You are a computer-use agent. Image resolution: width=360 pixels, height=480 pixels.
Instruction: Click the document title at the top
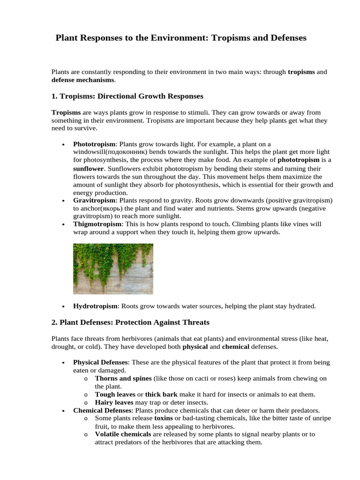click(181, 38)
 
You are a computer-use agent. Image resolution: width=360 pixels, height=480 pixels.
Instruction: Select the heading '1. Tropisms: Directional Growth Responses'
click(127, 96)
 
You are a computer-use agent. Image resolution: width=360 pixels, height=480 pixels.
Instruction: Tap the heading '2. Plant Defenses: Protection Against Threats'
click(130, 322)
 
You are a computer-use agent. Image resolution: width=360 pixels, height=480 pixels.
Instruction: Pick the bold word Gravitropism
click(94, 200)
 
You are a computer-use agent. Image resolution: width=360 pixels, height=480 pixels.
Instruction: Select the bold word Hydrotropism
click(95, 306)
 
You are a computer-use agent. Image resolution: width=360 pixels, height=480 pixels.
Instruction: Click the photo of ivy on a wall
click(113, 269)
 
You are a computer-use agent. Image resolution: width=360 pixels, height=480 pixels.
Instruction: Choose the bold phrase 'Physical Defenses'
click(100, 362)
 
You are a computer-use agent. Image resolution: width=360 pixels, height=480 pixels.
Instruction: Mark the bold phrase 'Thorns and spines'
click(123, 378)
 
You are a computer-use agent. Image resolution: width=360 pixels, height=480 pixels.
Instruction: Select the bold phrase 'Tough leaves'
click(115, 394)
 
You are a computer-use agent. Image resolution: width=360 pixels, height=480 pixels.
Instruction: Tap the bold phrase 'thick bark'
click(161, 394)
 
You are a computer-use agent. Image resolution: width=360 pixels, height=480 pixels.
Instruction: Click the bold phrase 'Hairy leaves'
click(114, 402)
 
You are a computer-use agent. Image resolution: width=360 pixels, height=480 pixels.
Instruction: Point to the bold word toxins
click(164, 418)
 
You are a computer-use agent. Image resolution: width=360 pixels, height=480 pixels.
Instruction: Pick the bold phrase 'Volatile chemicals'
click(123, 434)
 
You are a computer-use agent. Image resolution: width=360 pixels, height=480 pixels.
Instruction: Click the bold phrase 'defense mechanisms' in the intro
click(82, 80)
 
